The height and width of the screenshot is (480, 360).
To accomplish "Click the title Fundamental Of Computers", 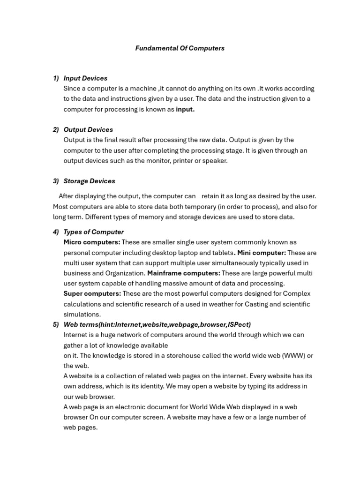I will pos(180,48).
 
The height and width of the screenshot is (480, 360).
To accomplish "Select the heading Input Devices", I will pos(85,78).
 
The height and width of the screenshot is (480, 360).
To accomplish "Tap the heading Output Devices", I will pos(88,129).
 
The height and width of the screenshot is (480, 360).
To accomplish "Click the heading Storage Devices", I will pos(89,181).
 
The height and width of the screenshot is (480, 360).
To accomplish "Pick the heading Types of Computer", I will pos(93,232).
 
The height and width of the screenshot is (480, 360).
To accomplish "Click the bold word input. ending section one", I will pos(185,109).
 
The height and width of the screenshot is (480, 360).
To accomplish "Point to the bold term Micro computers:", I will pos(92,242).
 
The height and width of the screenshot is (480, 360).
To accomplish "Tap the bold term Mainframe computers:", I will pos(184,273).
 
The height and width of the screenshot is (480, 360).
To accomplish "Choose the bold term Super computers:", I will pos(92,294).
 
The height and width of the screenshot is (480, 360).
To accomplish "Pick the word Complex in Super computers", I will pos(297,294).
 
